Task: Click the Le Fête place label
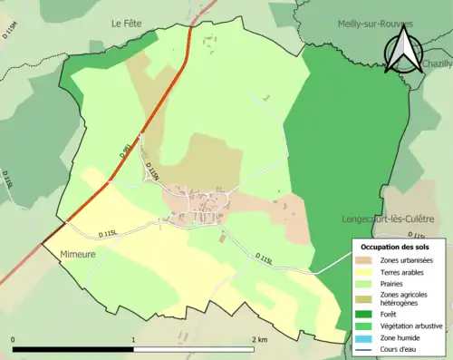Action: click(128, 23)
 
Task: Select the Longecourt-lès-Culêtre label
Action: click(395, 219)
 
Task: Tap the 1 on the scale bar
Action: click(133, 339)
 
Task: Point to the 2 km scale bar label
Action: click(259, 339)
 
